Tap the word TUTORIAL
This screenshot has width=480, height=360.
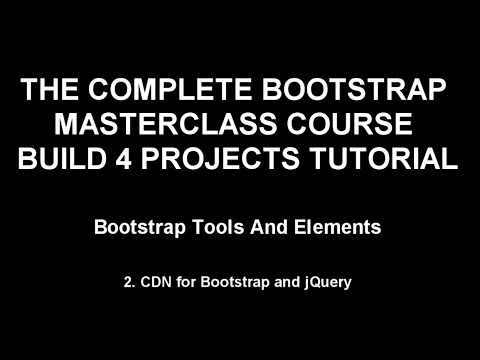pos(383,159)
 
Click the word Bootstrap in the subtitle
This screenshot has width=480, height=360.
pos(138,227)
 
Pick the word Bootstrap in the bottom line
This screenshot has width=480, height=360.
pos(241,283)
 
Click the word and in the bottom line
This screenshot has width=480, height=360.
pos(289,283)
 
